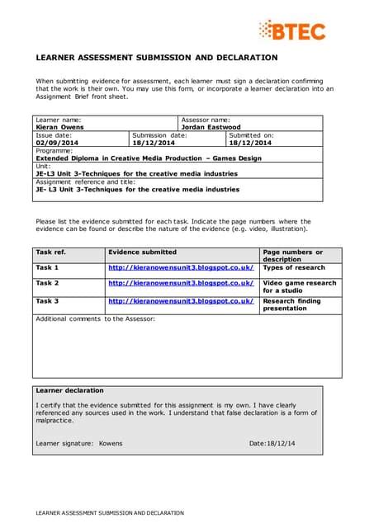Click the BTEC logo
pyautogui.click(x=291, y=31)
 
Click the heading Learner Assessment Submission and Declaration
pyautogui.click(x=157, y=58)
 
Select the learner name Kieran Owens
pyautogui.click(x=59, y=127)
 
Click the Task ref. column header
pyautogui.click(x=50, y=252)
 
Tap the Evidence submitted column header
pyautogui.click(x=142, y=252)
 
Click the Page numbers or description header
pyautogui.click(x=292, y=255)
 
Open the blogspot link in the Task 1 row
pyautogui.click(x=181, y=267)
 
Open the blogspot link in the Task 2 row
pyautogui.click(x=181, y=283)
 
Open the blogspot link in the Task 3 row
pyautogui.click(x=181, y=301)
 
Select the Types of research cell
pyautogui.click(x=294, y=267)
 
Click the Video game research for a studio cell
pyautogui.click(x=299, y=287)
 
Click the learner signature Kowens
pyautogui.click(x=110, y=443)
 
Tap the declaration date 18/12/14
pyautogui.click(x=281, y=443)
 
